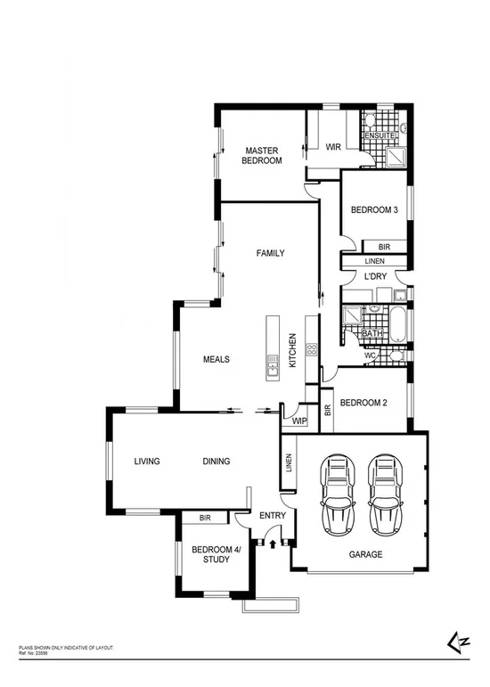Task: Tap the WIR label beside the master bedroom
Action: [334, 147]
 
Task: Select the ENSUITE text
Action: [381, 135]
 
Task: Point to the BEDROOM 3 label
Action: [374, 210]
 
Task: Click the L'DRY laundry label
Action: [374, 278]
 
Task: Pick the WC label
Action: [370, 355]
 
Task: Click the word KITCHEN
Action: [291, 351]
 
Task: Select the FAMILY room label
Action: [270, 253]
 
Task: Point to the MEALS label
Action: [216, 360]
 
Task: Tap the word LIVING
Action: [147, 462]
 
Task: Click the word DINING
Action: [216, 462]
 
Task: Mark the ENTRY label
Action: [271, 516]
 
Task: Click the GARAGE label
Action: [365, 554]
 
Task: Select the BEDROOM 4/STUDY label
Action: [211, 554]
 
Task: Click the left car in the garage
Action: [339, 493]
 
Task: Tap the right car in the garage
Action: [383, 493]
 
